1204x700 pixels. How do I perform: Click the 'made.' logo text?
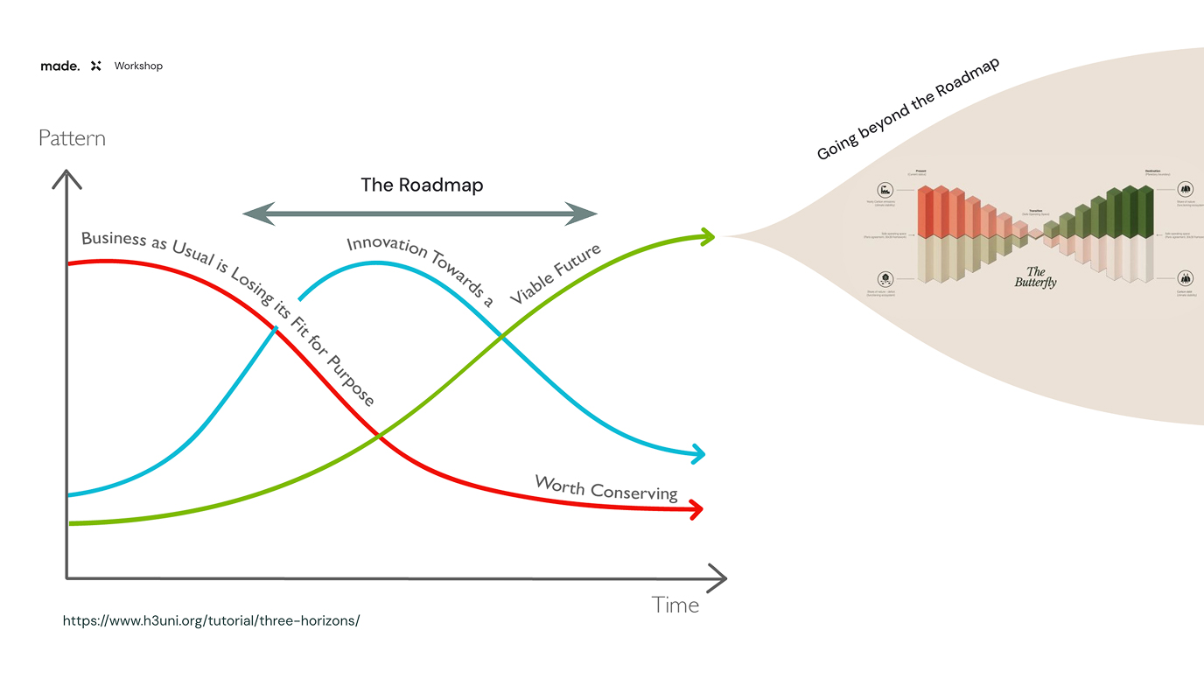[59, 66]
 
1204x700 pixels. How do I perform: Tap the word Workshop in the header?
[138, 66]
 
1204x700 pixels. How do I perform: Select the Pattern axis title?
[72, 138]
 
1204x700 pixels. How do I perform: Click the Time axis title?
[675, 605]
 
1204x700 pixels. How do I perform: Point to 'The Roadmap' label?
[422, 185]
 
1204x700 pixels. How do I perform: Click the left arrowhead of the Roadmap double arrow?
[255, 213]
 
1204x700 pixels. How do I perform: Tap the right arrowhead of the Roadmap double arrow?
[584, 213]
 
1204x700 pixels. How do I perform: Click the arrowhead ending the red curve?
[697, 509]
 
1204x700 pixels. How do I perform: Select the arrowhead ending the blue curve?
[698, 453]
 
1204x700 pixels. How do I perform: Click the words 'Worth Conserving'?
[605, 488]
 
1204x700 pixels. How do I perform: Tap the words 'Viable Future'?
[556, 274]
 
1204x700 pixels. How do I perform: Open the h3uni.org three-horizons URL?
[211, 620]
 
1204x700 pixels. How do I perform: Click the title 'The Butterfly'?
[1035, 277]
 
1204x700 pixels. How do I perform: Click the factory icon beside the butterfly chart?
[887, 190]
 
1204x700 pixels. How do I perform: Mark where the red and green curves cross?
[378, 435]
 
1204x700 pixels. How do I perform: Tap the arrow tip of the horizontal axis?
[724, 577]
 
